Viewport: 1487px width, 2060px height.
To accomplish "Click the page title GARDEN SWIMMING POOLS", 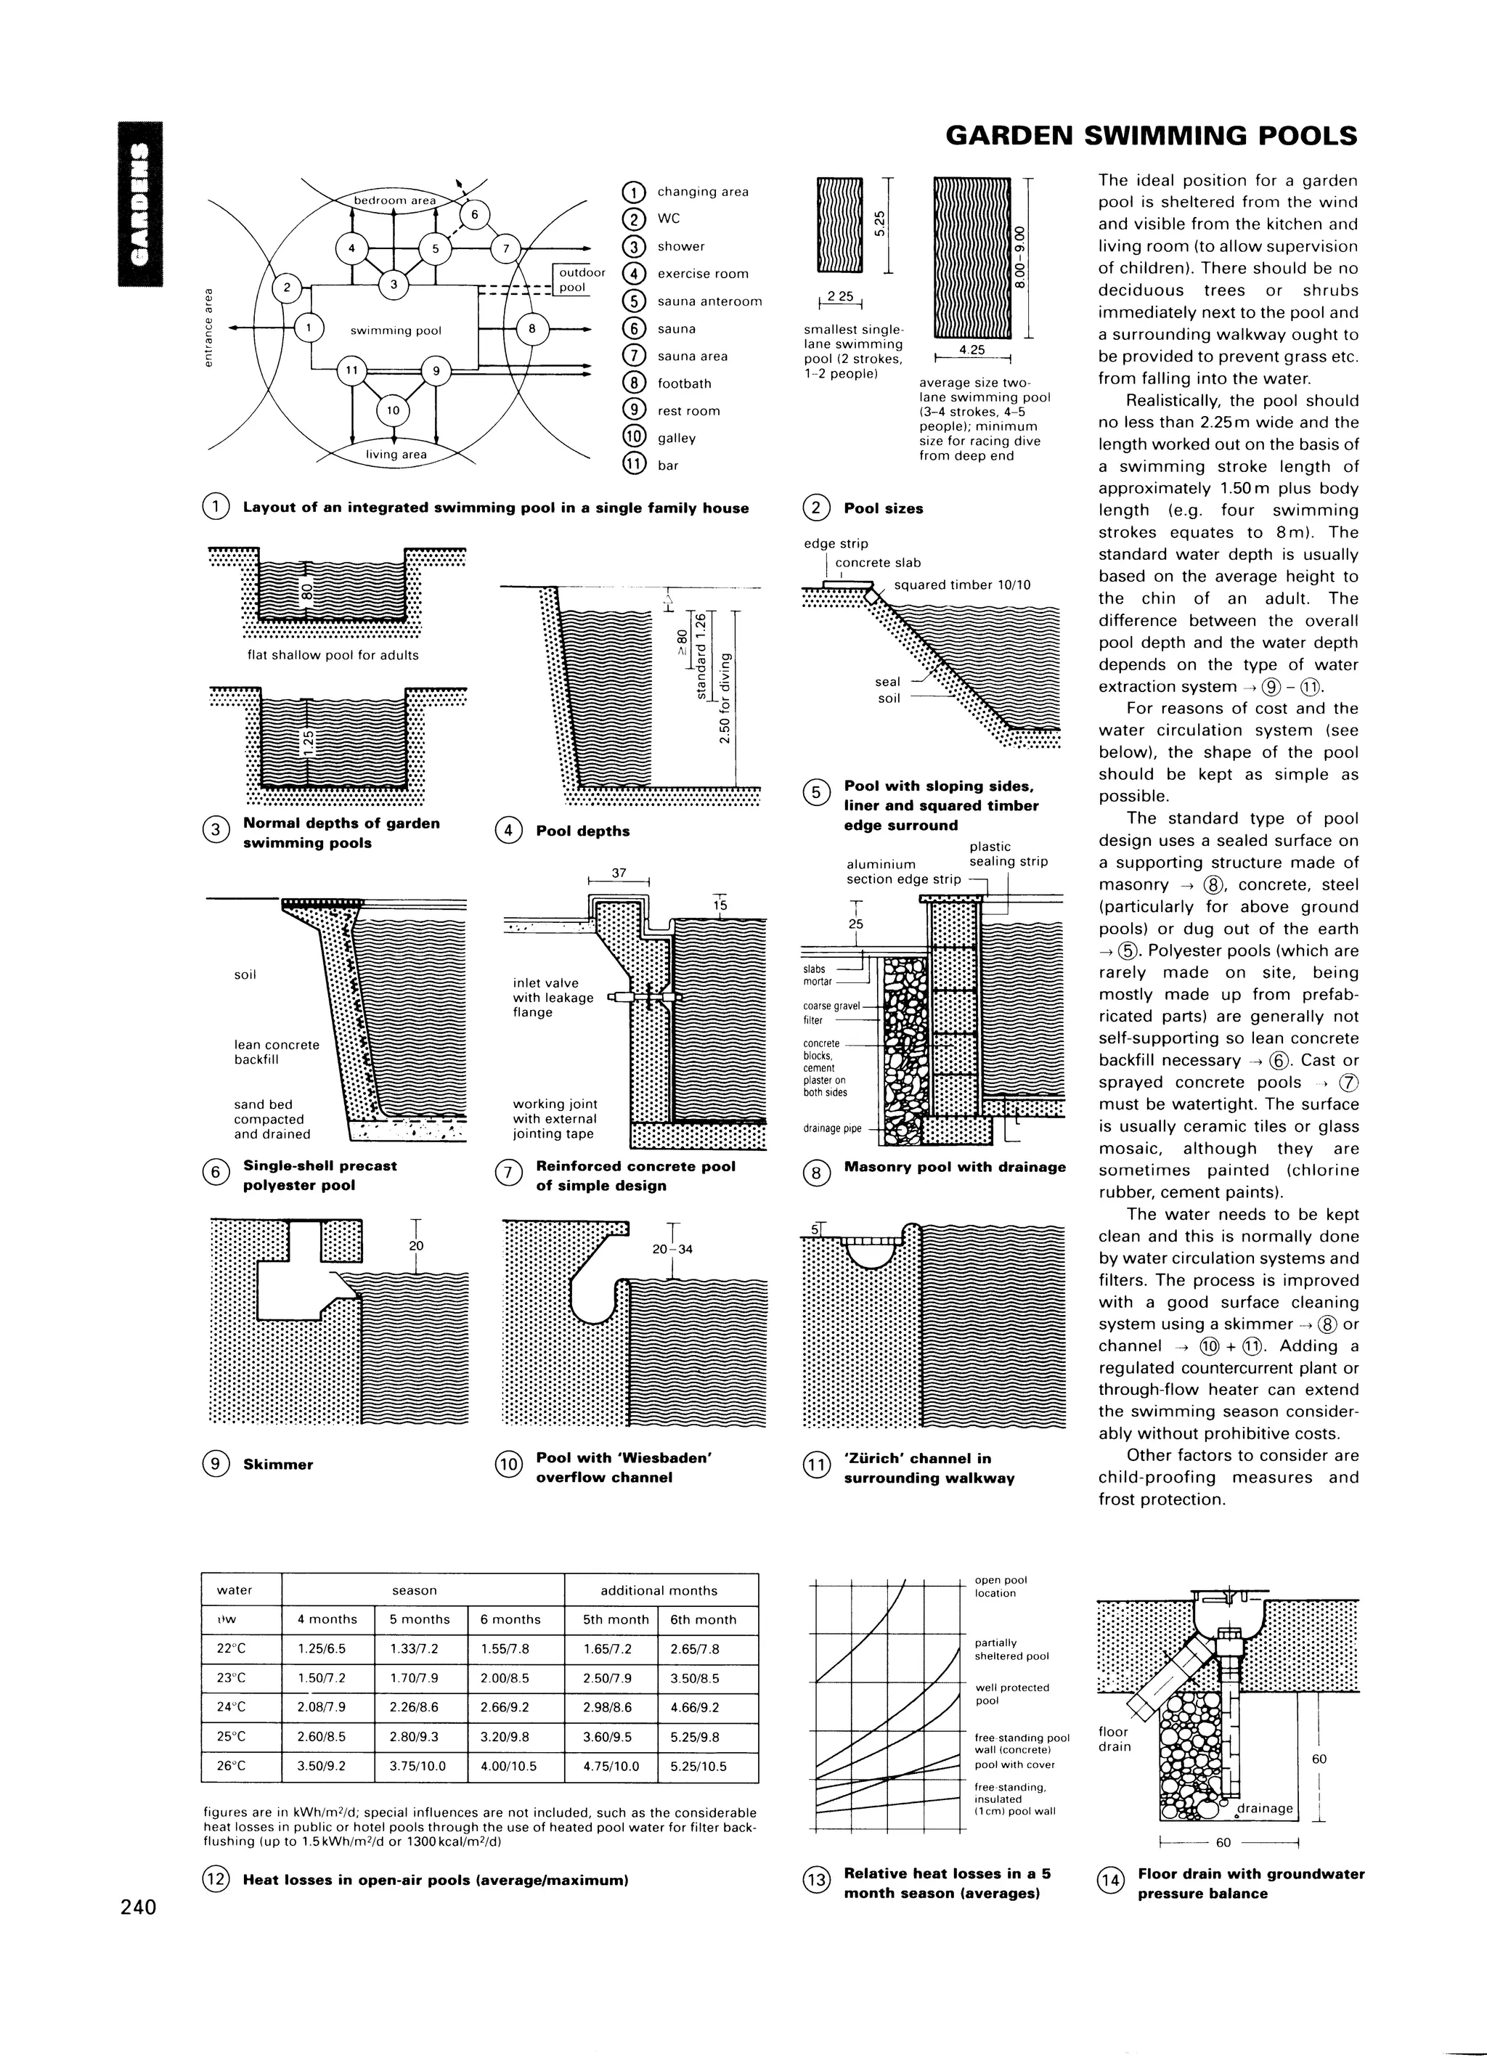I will pyautogui.click(x=1151, y=137).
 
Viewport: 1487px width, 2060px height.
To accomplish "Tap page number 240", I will pyautogui.click(x=138, y=1905).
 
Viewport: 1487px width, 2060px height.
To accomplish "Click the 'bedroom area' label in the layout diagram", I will pyautogui.click(x=394, y=200).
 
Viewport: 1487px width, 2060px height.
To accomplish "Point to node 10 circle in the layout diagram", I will pyautogui.click(x=392, y=410).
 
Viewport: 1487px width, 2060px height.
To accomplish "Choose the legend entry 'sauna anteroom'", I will pyautogui.click(x=709, y=301).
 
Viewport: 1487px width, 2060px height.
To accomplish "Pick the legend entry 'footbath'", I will pyautogui.click(x=683, y=383).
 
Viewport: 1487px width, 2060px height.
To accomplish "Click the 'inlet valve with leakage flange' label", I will pyautogui.click(x=553, y=997).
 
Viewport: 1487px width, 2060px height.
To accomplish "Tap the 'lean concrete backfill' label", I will pyautogui.click(x=276, y=1052).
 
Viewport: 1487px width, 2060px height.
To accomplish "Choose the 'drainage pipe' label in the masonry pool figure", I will pyautogui.click(x=831, y=1129).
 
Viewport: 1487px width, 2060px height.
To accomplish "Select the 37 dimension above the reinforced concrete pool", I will pyautogui.click(x=619, y=873).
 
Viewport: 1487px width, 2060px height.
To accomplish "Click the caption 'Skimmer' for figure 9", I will pyautogui.click(x=278, y=1464).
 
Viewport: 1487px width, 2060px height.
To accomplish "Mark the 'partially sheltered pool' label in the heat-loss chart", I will pyautogui.click(x=999, y=1648).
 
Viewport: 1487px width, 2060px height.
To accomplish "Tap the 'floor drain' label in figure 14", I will pyautogui.click(x=1115, y=1738).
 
